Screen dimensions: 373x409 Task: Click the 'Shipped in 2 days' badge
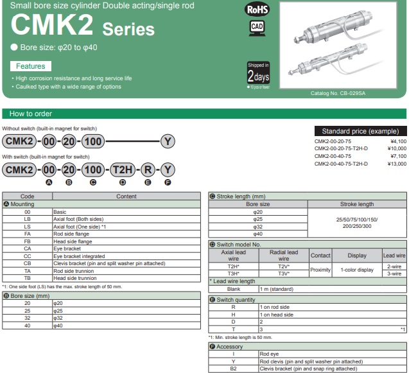(x=258, y=74)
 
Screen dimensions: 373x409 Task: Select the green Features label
(x=31, y=66)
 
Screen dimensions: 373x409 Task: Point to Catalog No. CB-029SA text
(x=338, y=93)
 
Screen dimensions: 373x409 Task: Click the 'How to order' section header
(x=31, y=114)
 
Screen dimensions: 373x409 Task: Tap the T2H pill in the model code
(x=121, y=169)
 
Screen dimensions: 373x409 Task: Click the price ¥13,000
(x=397, y=164)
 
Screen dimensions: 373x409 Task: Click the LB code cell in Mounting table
(x=27, y=219)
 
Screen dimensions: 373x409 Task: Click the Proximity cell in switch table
(x=320, y=270)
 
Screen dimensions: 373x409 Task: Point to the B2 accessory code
(x=233, y=369)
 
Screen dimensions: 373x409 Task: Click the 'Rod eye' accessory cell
(x=269, y=354)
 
